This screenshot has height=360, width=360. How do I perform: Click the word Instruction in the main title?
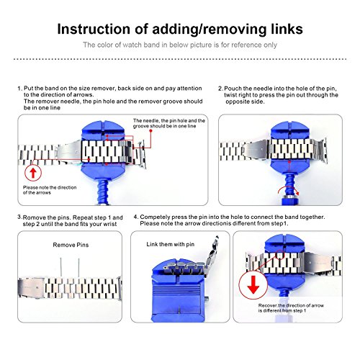(x=94, y=30)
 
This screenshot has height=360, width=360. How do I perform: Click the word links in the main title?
(x=287, y=30)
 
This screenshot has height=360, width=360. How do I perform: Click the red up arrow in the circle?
(x=33, y=172)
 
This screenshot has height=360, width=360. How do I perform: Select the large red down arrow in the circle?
(x=253, y=285)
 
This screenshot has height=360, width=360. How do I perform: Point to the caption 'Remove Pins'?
(x=71, y=245)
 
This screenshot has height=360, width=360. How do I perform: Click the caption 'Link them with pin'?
(x=171, y=244)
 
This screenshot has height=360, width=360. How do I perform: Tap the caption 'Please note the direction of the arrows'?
(x=50, y=190)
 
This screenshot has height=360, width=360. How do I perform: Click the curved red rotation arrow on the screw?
(x=288, y=189)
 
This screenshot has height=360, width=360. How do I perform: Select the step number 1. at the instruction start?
(x=20, y=89)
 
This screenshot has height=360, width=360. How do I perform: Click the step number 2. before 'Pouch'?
(x=220, y=89)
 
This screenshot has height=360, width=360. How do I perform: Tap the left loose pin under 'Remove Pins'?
(x=60, y=267)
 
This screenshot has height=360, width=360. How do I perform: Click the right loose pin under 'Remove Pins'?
(x=78, y=267)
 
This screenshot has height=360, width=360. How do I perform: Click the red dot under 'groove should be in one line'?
(x=150, y=131)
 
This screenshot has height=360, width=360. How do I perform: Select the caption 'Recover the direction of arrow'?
(x=291, y=305)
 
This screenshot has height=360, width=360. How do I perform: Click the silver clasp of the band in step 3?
(x=31, y=288)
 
